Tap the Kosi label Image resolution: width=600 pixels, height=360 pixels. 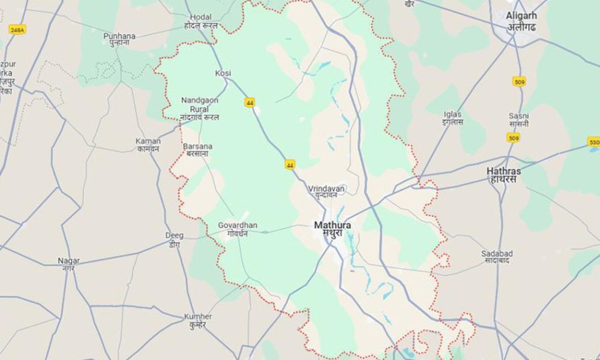(223, 73)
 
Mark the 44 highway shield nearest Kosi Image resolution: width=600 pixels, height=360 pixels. (250, 103)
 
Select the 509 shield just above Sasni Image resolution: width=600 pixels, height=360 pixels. (520, 81)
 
